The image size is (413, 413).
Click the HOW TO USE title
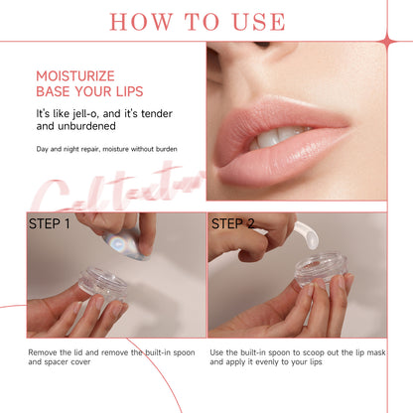(206, 21)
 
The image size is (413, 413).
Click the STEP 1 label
(50, 223)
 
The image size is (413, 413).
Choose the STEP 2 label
(233, 223)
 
